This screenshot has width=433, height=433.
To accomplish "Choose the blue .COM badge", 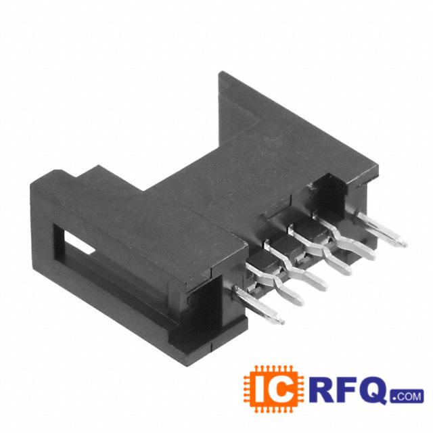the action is pos(407,396).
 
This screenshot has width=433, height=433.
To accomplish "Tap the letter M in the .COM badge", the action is pos(417,396).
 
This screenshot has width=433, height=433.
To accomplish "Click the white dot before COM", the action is pos(394,399).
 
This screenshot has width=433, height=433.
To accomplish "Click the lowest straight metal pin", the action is pos(259,305).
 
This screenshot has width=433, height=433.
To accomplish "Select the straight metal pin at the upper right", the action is pos(382,229).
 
